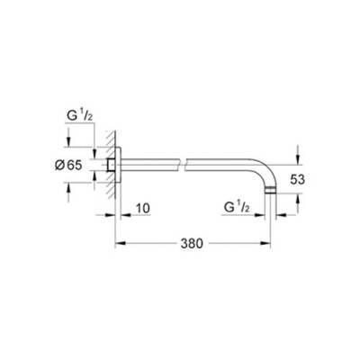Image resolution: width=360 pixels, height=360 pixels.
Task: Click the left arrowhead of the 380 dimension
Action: (116, 244)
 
